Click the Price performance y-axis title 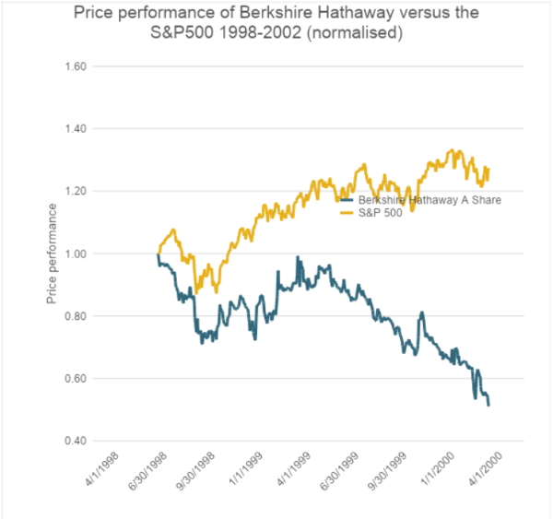click(x=52, y=253)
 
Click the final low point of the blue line click(x=488, y=404)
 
